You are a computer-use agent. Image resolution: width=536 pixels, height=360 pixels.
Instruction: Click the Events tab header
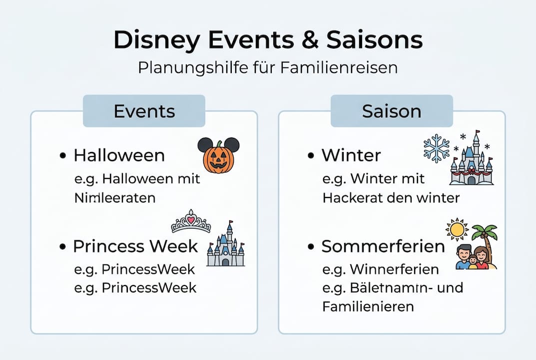144,110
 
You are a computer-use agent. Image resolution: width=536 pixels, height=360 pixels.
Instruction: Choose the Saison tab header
392,110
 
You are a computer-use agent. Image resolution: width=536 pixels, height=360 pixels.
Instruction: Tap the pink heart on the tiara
191,219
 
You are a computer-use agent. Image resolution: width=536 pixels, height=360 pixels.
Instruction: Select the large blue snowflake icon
436,148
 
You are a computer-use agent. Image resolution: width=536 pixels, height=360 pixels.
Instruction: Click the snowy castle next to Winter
472,160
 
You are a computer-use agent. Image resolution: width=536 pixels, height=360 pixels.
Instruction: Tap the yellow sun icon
457,229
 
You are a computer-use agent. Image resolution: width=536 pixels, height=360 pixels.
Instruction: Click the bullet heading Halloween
119,155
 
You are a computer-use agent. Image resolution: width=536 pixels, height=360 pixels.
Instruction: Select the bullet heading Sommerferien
383,246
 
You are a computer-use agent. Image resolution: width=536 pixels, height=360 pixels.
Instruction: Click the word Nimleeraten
114,197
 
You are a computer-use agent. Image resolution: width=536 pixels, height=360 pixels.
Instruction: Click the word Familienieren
368,306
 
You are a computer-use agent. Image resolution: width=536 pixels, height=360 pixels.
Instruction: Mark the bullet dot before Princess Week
63,247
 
